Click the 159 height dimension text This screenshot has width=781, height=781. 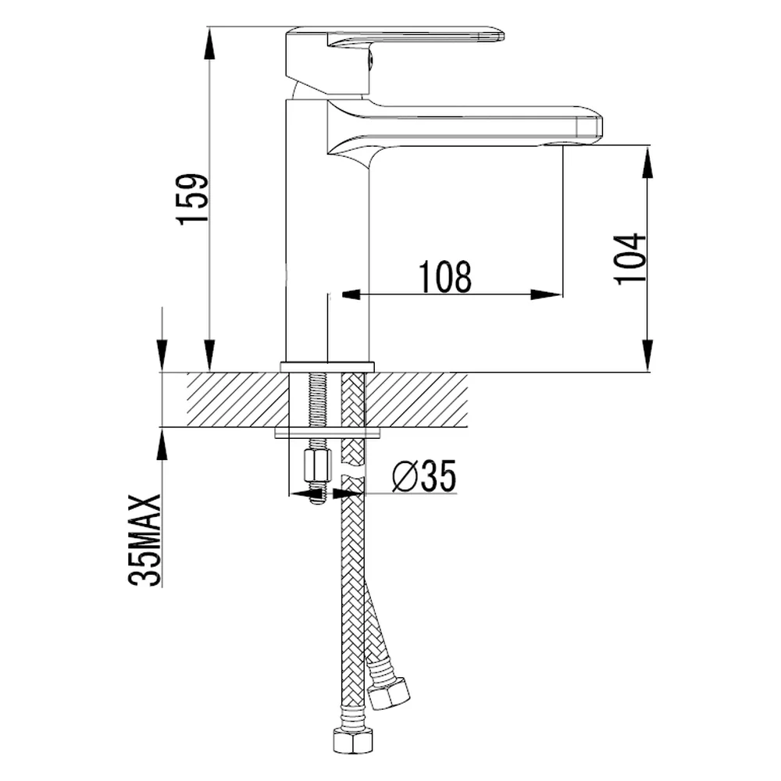click(193, 199)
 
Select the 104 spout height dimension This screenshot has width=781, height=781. click(629, 259)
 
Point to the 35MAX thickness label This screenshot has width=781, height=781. click(145, 540)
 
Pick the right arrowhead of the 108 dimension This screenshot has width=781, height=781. click(547, 294)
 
